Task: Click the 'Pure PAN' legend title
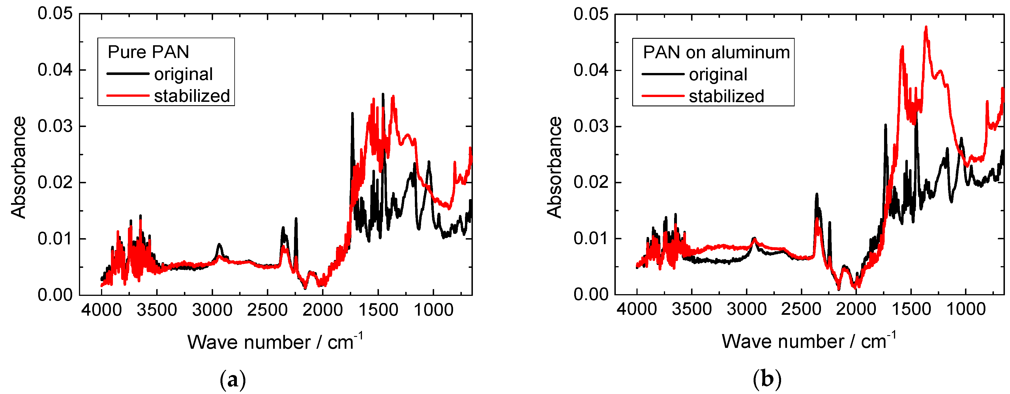[148, 52]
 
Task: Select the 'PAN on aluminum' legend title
[716, 52]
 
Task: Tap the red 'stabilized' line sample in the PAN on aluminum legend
[662, 96]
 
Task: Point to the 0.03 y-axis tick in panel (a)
[55, 126]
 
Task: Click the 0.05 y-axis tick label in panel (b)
[591, 14]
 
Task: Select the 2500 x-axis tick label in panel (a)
[267, 310]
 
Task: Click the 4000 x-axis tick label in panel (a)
[102, 310]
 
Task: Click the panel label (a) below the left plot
[233, 379]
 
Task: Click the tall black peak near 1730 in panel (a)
[352, 114]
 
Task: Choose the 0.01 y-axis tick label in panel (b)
[591, 238]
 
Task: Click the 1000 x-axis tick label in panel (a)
[433, 310]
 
